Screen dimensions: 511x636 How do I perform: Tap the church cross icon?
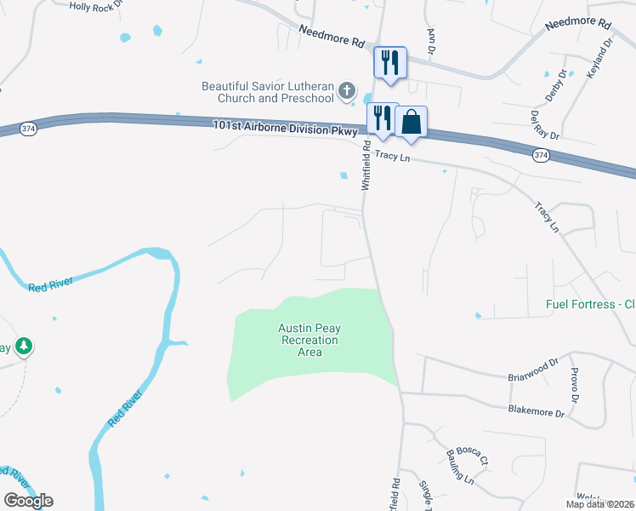(x=346, y=89)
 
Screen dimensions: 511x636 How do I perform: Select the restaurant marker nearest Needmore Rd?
(x=390, y=62)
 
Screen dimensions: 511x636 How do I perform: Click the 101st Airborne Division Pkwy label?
(x=287, y=130)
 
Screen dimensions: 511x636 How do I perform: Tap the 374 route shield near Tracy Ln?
(x=540, y=155)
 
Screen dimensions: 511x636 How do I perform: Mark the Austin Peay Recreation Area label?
(x=309, y=340)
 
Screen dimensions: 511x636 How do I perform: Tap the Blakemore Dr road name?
(x=536, y=412)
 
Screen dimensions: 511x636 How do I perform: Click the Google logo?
(x=28, y=501)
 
